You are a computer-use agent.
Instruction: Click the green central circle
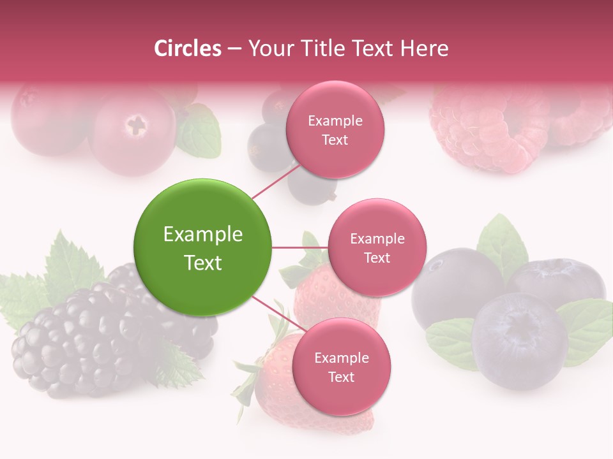[203, 247]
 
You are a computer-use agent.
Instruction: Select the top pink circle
[335, 129]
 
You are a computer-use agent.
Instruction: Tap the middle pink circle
[377, 247]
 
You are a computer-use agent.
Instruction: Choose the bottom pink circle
[341, 367]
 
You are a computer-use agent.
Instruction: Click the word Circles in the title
[187, 48]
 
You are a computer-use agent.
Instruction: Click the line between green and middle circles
[299, 247]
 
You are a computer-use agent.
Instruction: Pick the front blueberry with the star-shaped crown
[520, 331]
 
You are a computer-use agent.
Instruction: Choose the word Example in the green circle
[203, 235]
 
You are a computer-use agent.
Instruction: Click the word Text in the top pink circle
[335, 140]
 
